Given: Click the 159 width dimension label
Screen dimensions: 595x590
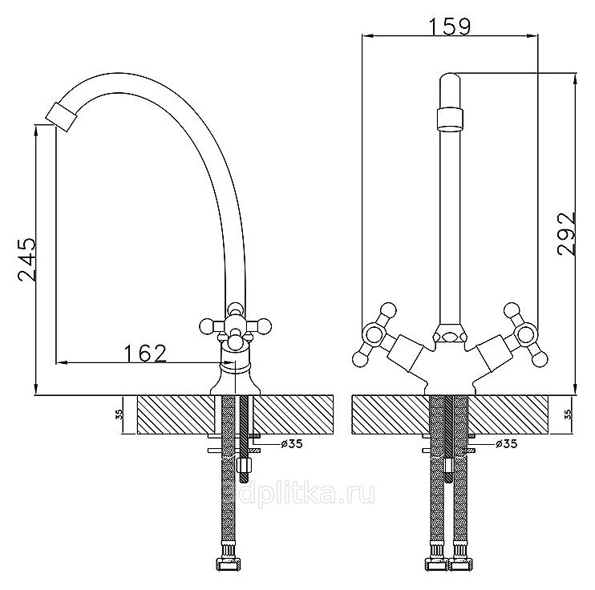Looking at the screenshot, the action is pyautogui.click(x=450, y=26).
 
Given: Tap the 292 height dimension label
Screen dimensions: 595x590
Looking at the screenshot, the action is pyautogui.click(x=567, y=234).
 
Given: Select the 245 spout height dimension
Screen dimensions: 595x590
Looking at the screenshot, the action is pyautogui.click(x=27, y=260).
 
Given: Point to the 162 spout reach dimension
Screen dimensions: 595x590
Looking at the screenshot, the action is pyautogui.click(x=146, y=354).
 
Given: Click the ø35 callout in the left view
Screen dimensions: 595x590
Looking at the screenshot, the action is pyautogui.click(x=292, y=443).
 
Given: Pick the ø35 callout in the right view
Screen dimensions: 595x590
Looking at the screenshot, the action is pyautogui.click(x=506, y=443).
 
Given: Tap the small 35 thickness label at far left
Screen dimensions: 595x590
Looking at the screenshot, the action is pyautogui.click(x=119, y=414).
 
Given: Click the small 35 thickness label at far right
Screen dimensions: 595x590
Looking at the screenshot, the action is pyautogui.click(x=568, y=414).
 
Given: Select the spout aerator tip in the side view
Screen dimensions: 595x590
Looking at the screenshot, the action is pyautogui.click(x=63, y=116).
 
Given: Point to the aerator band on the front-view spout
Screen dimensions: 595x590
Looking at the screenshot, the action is pyautogui.click(x=450, y=119).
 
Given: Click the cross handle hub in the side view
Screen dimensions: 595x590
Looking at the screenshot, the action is pyautogui.click(x=235, y=325).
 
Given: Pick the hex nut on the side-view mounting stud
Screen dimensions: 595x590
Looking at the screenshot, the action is pyautogui.click(x=245, y=465).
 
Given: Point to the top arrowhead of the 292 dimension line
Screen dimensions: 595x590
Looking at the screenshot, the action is pyautogui.click(x=576, y=79).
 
